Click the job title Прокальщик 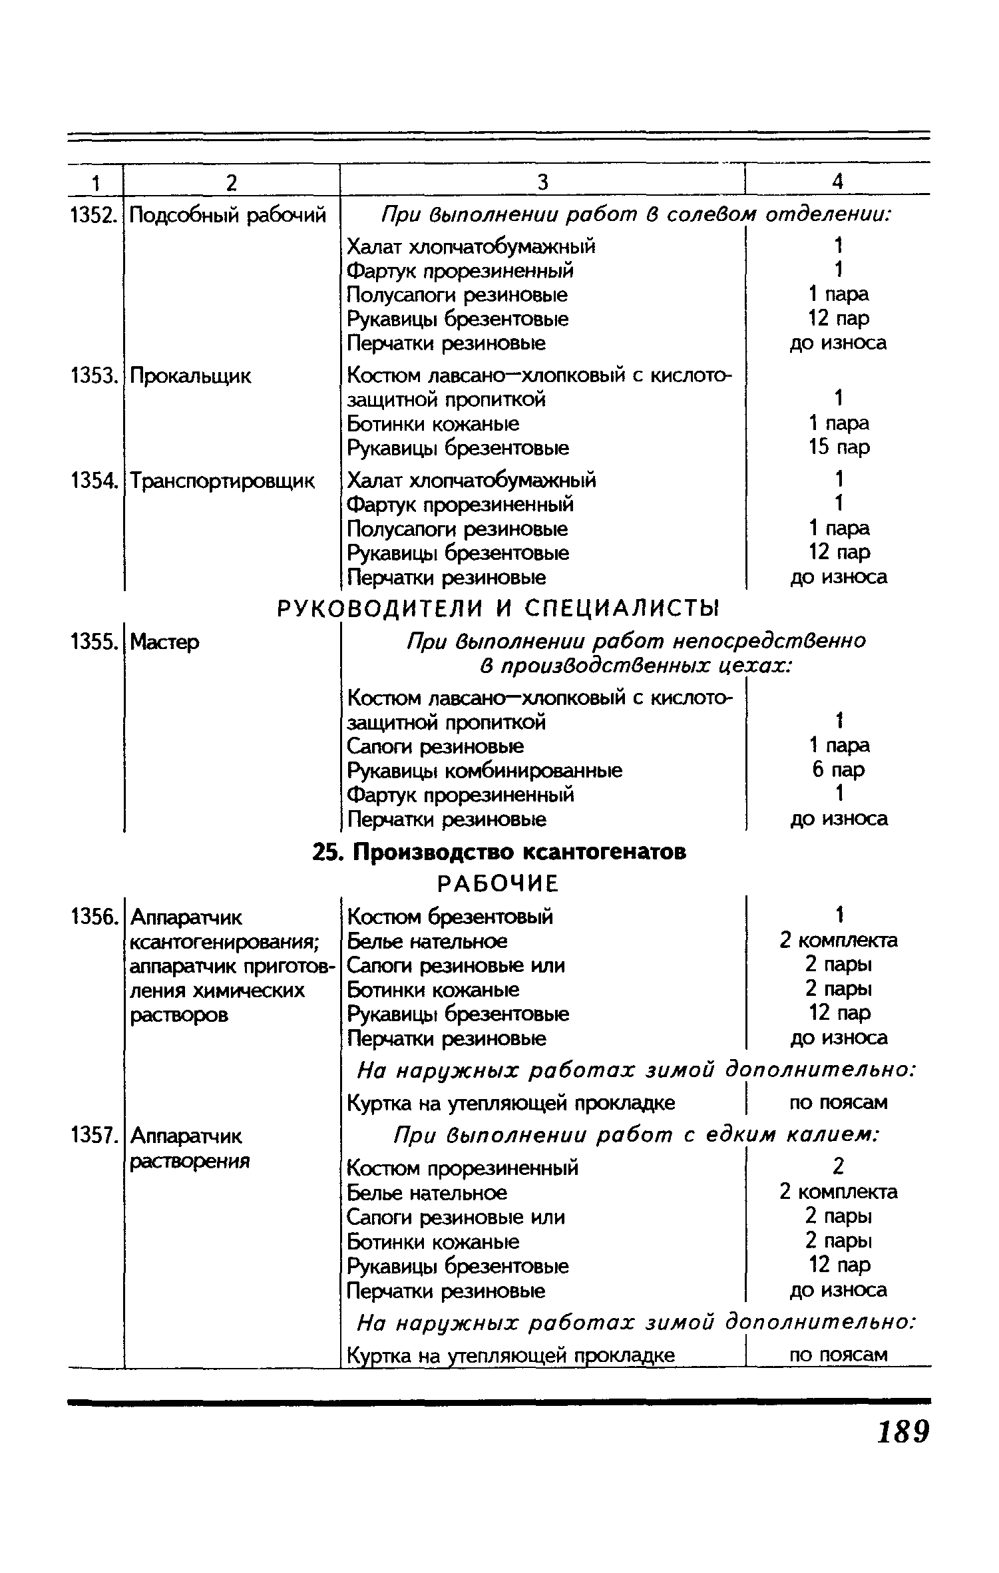tap(191, 376)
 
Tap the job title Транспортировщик tap(222, 480)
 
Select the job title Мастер tap(164, 642)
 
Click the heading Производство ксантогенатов tap(499, 852)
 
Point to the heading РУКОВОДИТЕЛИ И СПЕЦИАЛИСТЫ tap(499, 608)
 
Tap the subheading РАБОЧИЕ tap(498, 884)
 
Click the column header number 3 tap(542, 182)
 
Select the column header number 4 tap(838, 182)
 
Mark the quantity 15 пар tap(839, 447)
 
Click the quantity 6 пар tap(839, 770)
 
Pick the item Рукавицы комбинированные tap(485, 771)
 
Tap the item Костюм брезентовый tap(450, 917)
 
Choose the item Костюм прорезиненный tap(463, 1168)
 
